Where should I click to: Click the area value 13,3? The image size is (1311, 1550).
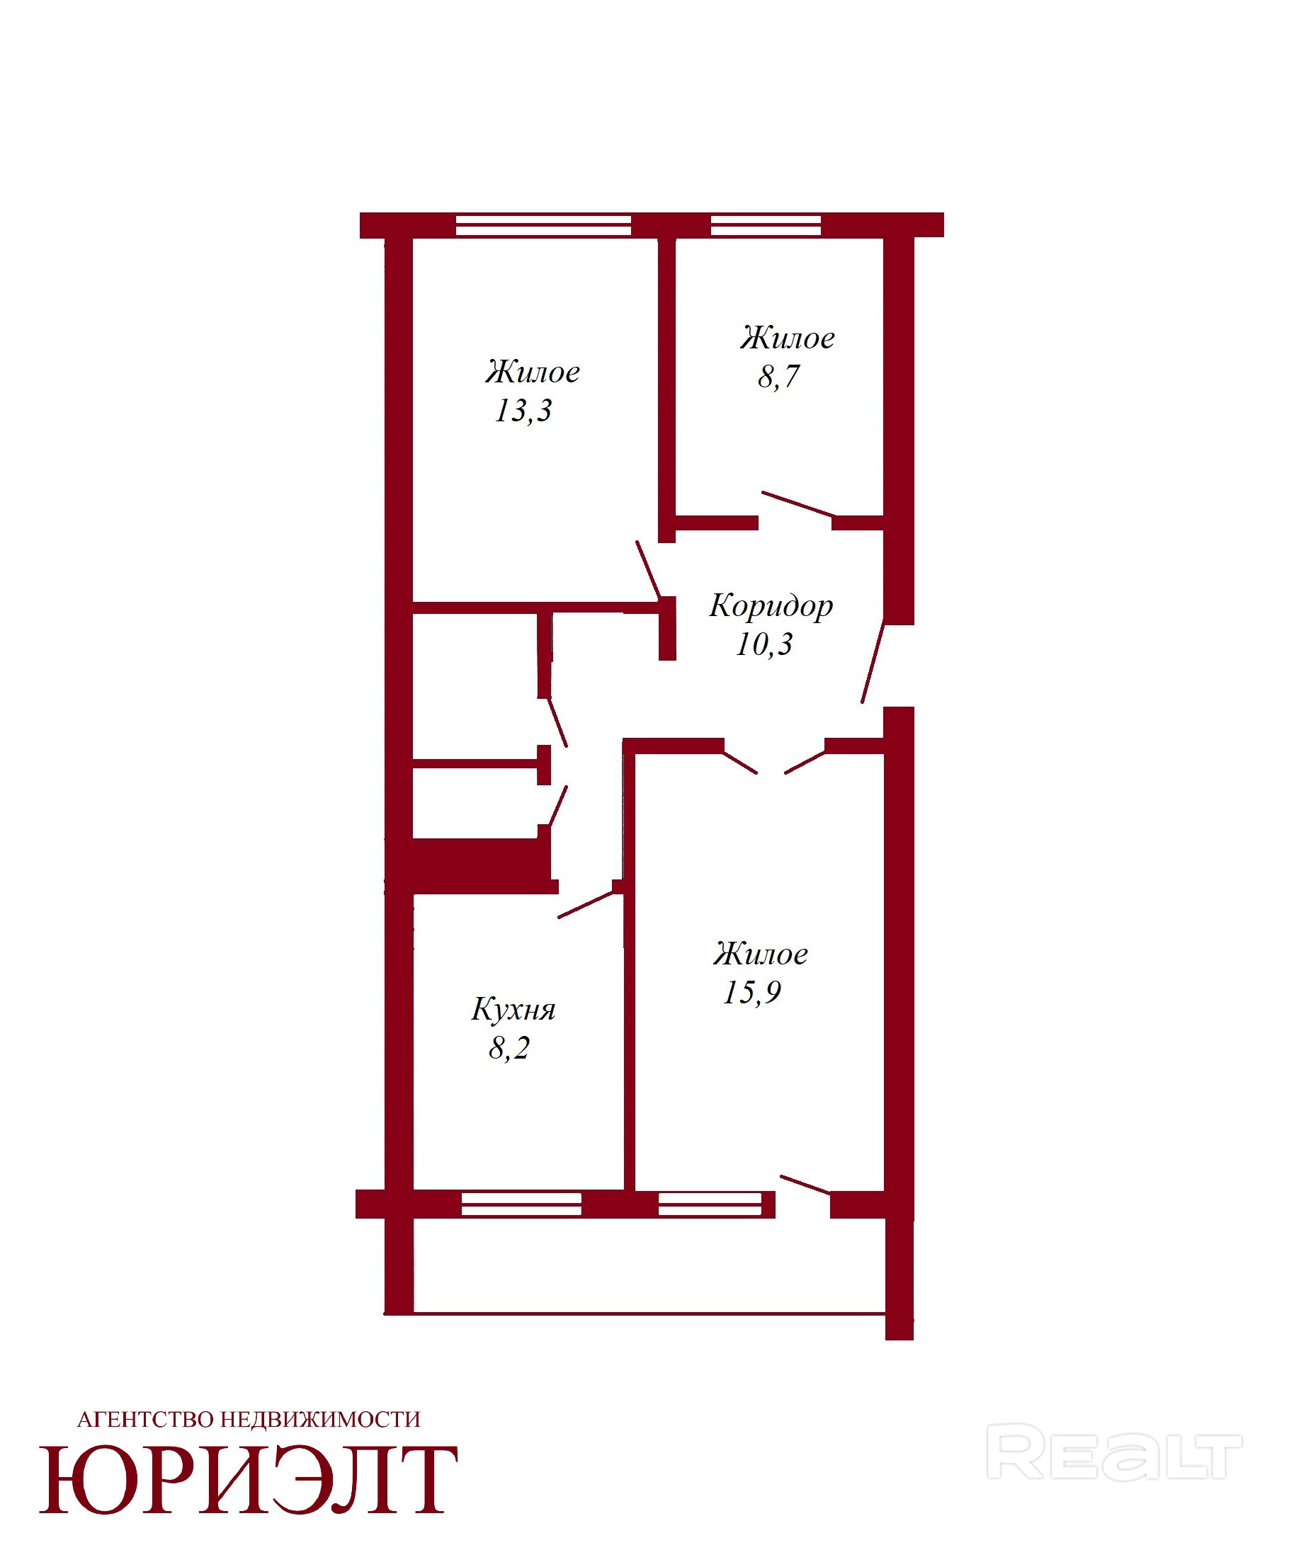(x=524, y=411)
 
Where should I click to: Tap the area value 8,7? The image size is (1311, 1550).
(x=779, y=377)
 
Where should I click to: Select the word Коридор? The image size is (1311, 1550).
(x=771, y=606)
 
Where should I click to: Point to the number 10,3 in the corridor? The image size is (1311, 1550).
(x=765, y=644)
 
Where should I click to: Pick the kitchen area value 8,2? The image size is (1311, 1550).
(x=510, y=1049)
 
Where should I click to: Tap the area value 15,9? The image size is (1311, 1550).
(x=752, y=993)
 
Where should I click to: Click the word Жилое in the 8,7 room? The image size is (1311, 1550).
(x=788, y=338)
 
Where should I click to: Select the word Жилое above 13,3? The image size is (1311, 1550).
(x=533, y=372)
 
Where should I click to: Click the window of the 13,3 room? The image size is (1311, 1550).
(x=543, y=225)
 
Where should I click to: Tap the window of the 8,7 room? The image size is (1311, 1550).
(x=766, y=225)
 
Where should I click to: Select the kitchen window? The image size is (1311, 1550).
(x=521, y=1204)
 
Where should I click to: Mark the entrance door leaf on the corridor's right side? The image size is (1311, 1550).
(x=873, y=661)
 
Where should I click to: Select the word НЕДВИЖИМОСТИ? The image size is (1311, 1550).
(x=321, y=1420)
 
